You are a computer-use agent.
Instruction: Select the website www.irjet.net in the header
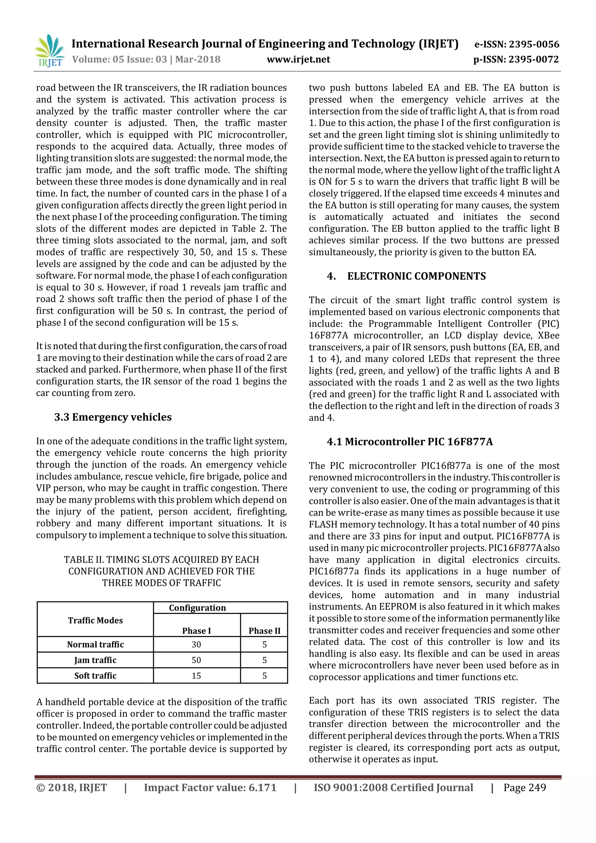point(298,59)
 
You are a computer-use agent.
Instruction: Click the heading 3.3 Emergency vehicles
point(113,417)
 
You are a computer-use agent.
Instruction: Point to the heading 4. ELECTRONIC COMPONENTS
point(406,276)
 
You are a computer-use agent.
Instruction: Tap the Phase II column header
point(264,631)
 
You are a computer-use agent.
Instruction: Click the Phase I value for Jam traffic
point(196,660)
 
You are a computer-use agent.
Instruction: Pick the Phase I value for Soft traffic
point(196,676)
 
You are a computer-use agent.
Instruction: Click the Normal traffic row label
point(95,644)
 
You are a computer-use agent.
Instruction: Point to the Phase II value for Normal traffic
point(264,644)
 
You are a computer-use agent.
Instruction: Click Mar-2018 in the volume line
point(198,59)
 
